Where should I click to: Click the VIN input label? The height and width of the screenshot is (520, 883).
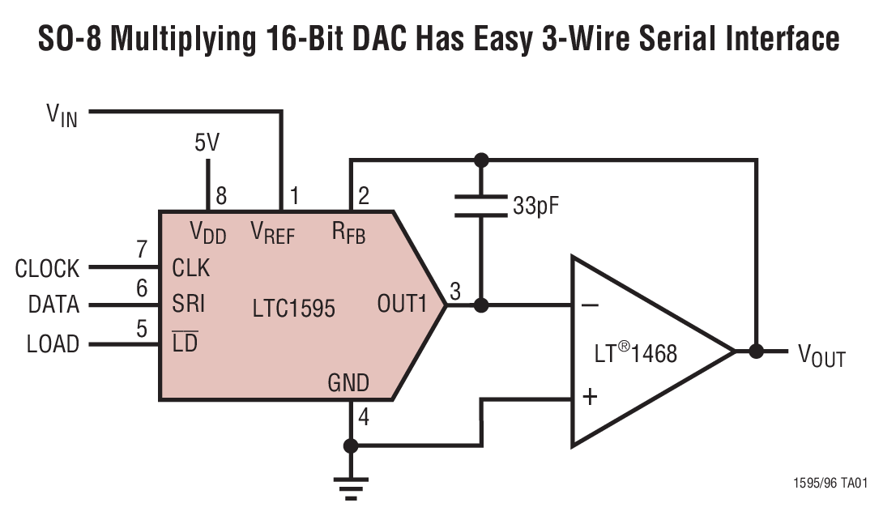(62, 116)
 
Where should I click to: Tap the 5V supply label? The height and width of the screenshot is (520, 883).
(207, 143)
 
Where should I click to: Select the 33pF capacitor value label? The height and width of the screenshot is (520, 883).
(535, 205)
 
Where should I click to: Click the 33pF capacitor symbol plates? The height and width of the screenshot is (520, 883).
(481, 205)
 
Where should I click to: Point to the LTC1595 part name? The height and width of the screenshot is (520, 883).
(293, 308)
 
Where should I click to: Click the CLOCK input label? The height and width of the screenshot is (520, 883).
(47, 268)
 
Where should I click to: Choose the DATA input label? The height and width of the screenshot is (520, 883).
(53, 305)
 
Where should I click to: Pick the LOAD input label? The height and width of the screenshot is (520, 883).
(53, 344)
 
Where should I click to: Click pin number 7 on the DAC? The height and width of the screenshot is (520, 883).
(142, 250)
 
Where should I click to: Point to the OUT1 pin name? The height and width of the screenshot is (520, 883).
(401, 305)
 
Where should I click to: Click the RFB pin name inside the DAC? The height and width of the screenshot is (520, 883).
(348, 234)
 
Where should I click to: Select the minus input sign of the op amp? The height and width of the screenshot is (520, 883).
(591, 305)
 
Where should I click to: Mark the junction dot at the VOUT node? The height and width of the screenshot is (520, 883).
(756, 352)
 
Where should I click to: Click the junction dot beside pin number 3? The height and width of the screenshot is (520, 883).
(481, 306)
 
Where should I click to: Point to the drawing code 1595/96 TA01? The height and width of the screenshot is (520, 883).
(830, 484)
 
